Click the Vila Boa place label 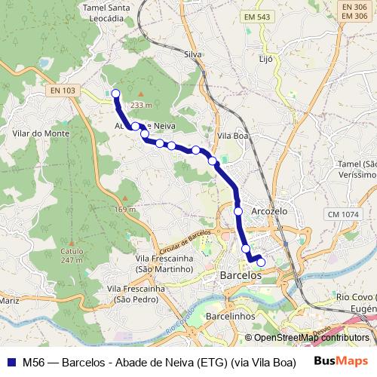coord(232,136)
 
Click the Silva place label coord(194,54)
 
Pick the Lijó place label coord(265,58)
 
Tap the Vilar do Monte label coord(41,133)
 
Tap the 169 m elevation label coord(125,209)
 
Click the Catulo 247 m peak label coord(72,255)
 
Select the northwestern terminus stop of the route coord(115,93)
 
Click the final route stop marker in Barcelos coord(261,262)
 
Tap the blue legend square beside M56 coord(11,361)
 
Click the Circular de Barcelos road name coord(185,244)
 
